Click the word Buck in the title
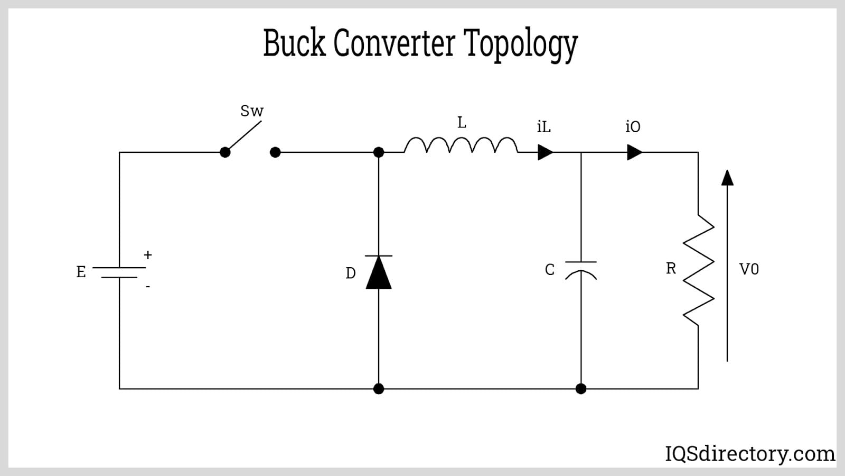point(294,43)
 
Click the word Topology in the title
point(521,44)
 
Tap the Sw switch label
point(252,111)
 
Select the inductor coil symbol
point(461,145)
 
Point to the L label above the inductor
point(462,123)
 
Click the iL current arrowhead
point(545,152)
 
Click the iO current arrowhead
point(634,152)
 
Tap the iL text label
point(543,127)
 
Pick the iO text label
point(633,127)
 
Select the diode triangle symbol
point(379,272)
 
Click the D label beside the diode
point(350,273)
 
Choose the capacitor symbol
point(581,269)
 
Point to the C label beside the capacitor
point(550,270)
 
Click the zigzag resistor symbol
point(698,270)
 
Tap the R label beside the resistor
point(671,269)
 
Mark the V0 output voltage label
point(749,269)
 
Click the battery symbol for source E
point(119,272)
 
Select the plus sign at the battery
point(148,255)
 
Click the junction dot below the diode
point(379,389)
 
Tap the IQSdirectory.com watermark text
point(750,454)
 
